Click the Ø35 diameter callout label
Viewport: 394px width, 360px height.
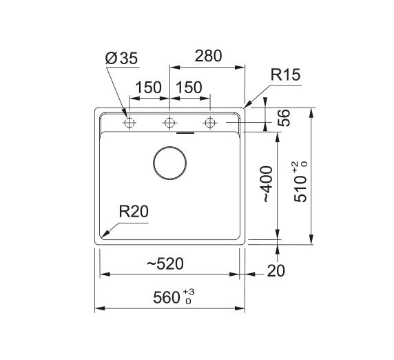122,59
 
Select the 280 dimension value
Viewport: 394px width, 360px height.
208,56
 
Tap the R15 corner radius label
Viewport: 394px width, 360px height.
285,74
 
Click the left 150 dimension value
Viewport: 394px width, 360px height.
149,88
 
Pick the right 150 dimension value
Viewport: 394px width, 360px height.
189,88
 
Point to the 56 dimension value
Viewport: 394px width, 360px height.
284,118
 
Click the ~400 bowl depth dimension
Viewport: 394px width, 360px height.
267,184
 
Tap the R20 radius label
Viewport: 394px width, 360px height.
134,211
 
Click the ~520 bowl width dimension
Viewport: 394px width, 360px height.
165,264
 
